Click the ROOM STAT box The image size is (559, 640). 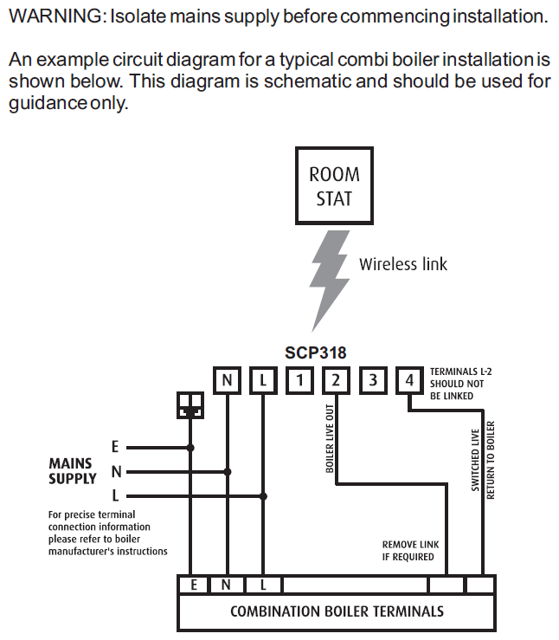click(x=334, y=185)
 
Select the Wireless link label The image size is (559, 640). click(x=403, y=264)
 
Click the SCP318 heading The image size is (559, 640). click(x=315, y=352)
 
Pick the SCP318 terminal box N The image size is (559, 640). click(x=227, y=379)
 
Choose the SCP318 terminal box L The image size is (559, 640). click(x=263, y=379)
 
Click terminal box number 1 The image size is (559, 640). click(x=299, y=379)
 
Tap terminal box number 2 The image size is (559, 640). click(x=336, y=379)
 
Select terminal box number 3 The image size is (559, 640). click(x=372, y=379)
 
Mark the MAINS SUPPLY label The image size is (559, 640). click(x=73, y=471)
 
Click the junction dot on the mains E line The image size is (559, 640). click(x=190, y=448)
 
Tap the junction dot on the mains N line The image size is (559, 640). click(x=228, y=472)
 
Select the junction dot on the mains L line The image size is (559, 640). click(x=264, y=496)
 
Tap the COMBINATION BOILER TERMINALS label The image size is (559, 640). click(x=337, y=611)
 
